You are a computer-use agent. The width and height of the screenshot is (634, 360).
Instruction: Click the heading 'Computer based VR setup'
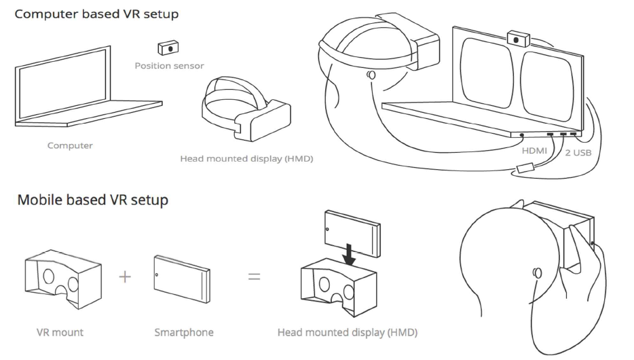97,14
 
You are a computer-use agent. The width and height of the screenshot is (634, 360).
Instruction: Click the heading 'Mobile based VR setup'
93,200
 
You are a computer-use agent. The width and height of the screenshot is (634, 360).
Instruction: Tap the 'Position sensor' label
169,66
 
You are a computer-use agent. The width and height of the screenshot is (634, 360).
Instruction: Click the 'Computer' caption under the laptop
70,145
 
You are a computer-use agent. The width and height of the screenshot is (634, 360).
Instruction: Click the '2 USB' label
578,153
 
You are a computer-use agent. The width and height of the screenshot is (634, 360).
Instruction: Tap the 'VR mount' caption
60,333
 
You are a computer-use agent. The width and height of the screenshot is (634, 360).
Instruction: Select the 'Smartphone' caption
183,333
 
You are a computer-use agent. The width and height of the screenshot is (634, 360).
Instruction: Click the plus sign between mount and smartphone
125,277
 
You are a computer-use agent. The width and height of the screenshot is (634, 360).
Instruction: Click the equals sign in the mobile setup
253,277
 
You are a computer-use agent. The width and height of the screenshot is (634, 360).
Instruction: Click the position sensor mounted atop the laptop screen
519,39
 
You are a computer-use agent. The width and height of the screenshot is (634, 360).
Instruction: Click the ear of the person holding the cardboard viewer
537,273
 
